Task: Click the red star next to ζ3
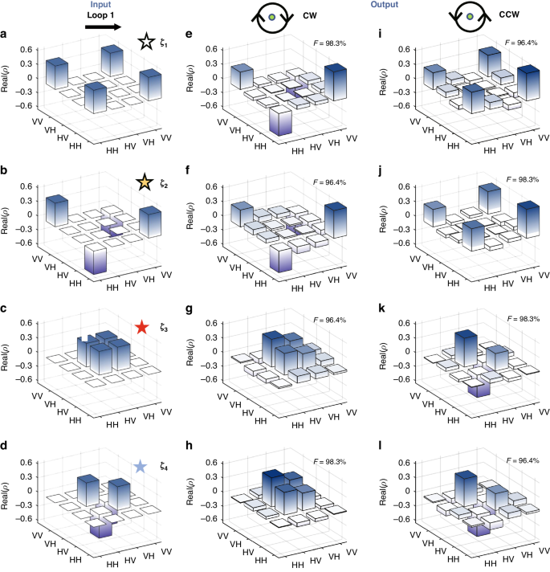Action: click(142, 326)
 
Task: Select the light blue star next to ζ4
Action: click(141, 466)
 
